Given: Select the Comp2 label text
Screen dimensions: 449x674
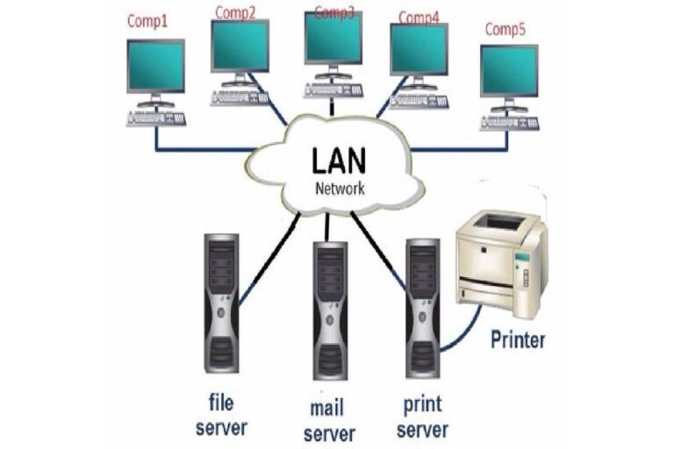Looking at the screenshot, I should click(234, 12).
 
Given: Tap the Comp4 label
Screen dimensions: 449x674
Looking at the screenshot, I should click(419, 17).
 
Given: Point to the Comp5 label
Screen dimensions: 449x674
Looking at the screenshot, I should click(505, 30).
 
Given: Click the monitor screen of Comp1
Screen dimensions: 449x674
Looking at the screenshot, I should click(155, 66).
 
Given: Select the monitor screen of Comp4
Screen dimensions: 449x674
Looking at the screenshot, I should click(419, 49).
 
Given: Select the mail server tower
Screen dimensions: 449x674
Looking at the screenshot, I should click(332, 307).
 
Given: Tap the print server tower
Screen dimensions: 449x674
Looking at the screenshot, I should click(423, 303).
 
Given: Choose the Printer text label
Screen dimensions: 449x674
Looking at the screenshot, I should click(517, 339).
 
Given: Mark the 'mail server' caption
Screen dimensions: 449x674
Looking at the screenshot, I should click(332, 421).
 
